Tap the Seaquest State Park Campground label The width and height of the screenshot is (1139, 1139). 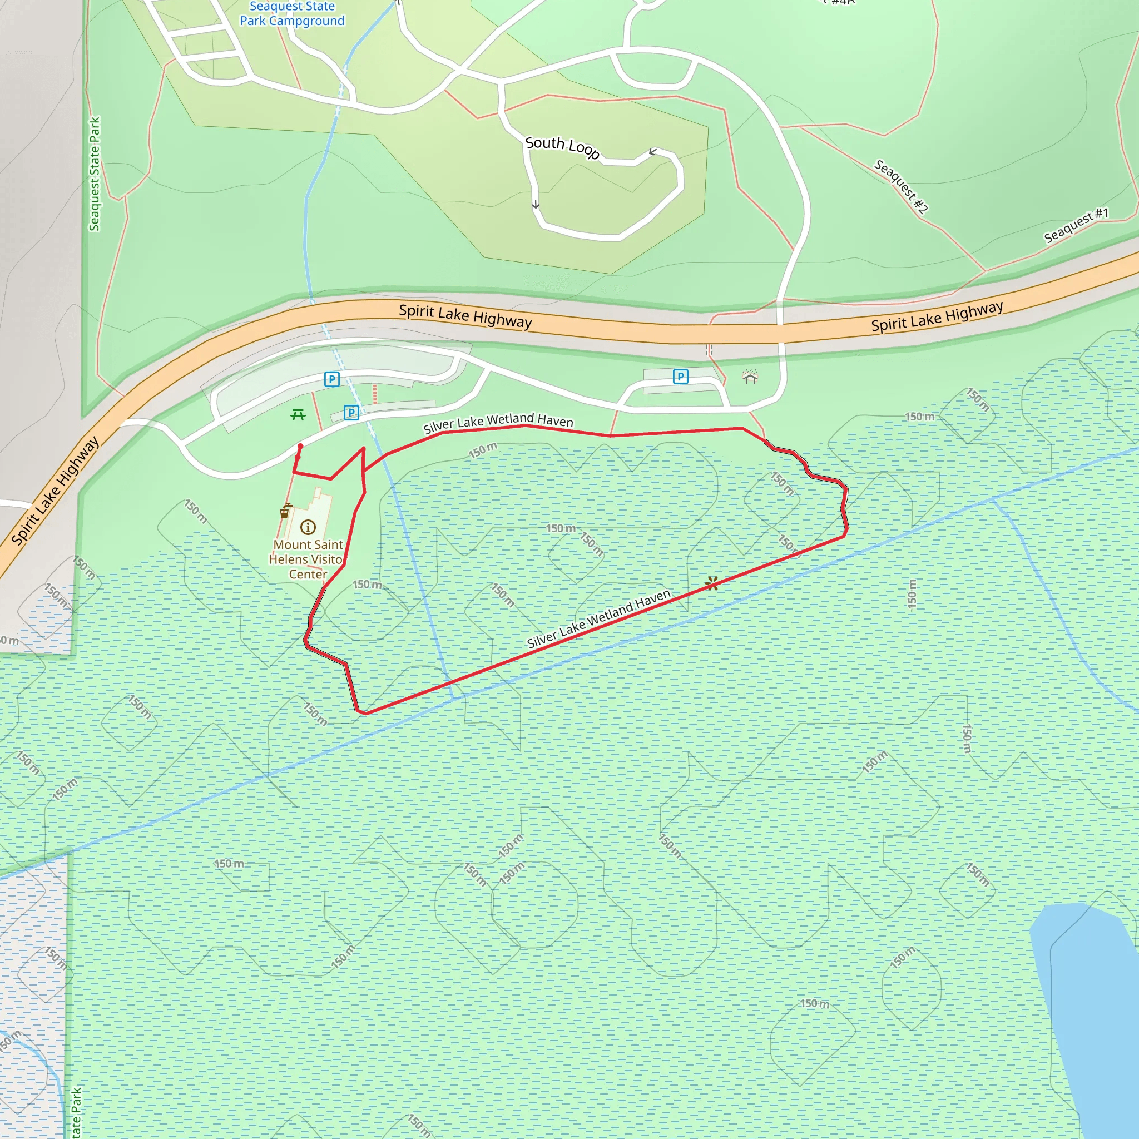coord(292,13)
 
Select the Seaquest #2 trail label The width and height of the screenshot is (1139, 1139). coord(901,186)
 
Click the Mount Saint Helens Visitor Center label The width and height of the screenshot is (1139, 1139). coord(307,559)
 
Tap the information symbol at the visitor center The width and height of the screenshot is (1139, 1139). coord(308,527)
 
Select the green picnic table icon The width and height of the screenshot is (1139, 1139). coord(298,415)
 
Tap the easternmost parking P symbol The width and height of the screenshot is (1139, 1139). coord(680,376)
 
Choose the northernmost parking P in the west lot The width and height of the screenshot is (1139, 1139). coord(332,379)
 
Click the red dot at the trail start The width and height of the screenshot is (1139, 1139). coord(300,446)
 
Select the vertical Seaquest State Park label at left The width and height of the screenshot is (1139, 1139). coord(95,174)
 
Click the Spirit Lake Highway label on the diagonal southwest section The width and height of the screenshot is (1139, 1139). coord(55,491)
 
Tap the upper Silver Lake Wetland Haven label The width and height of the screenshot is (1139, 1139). coord(498,422)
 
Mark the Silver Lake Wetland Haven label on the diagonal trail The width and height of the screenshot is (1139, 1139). coord(598,619)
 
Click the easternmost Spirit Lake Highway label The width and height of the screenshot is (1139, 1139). coord(937,316)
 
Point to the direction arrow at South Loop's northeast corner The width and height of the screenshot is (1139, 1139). coord(652,152)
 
